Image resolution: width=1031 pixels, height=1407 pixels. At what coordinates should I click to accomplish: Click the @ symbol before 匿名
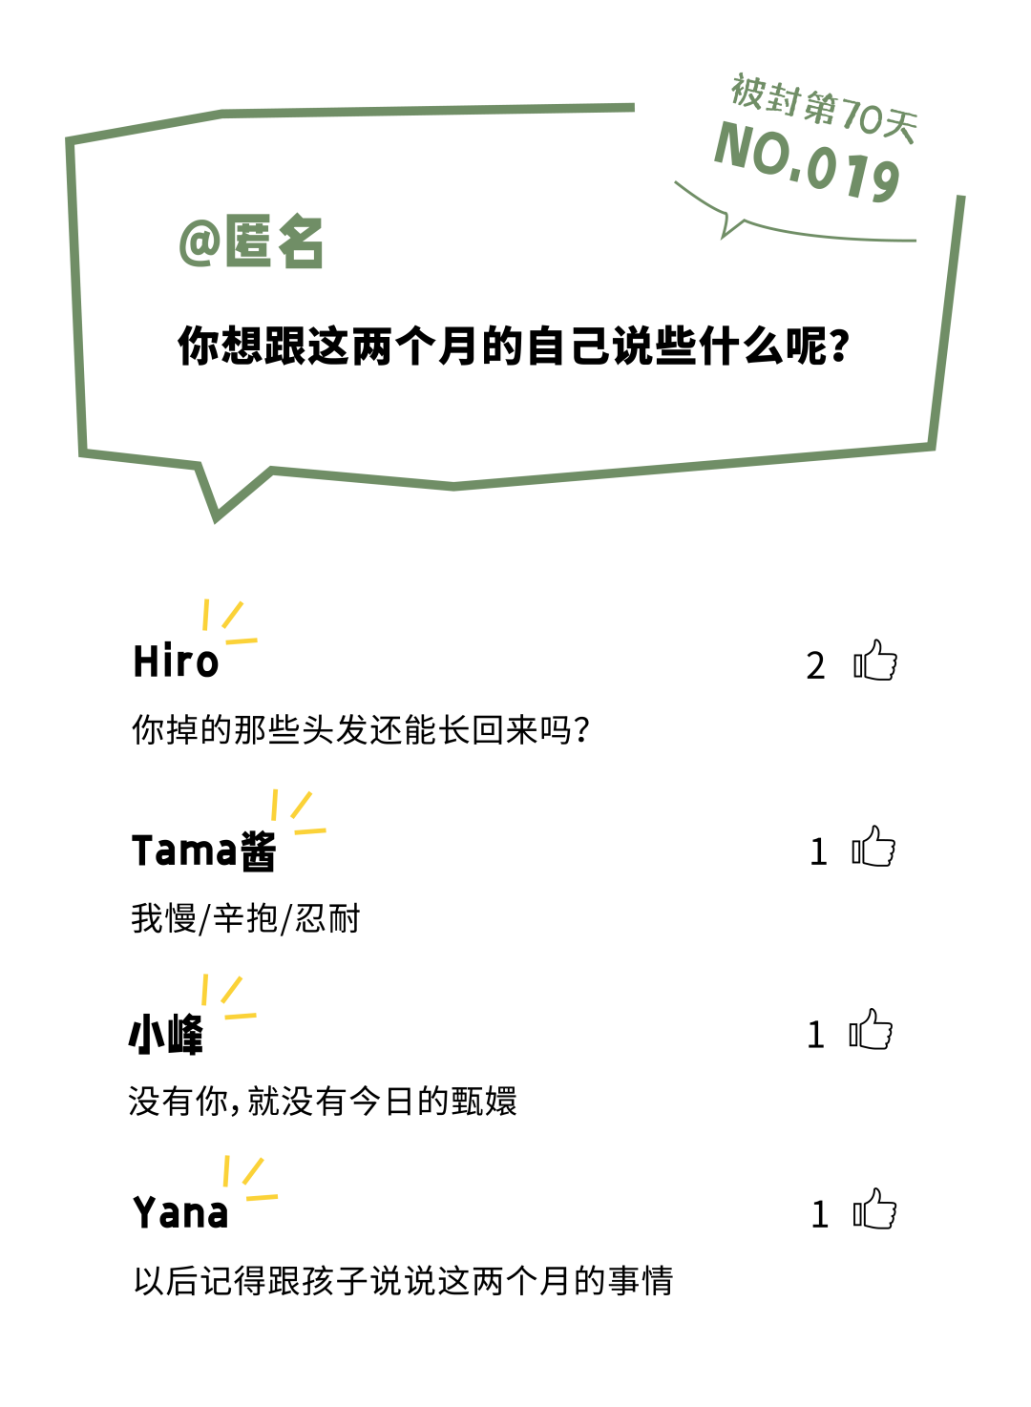(198, 244)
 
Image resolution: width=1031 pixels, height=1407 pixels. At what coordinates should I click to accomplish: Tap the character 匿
(248, 243)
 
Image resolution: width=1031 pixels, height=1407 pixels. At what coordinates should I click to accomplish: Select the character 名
(300, 243)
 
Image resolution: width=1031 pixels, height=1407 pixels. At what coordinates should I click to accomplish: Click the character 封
(783, 101)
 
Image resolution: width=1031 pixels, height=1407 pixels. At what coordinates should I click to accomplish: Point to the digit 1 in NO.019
(853, 176)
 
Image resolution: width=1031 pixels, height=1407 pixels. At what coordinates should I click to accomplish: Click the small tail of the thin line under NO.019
(725, 235)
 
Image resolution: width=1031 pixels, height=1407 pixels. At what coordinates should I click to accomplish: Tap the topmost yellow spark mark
(227, 622)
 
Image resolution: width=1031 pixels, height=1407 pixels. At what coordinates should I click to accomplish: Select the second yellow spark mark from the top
(296, 812)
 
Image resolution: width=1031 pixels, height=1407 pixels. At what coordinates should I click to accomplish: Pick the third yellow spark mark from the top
(226, 997)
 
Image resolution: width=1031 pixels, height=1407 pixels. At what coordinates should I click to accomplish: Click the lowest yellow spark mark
(248, 1178)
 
